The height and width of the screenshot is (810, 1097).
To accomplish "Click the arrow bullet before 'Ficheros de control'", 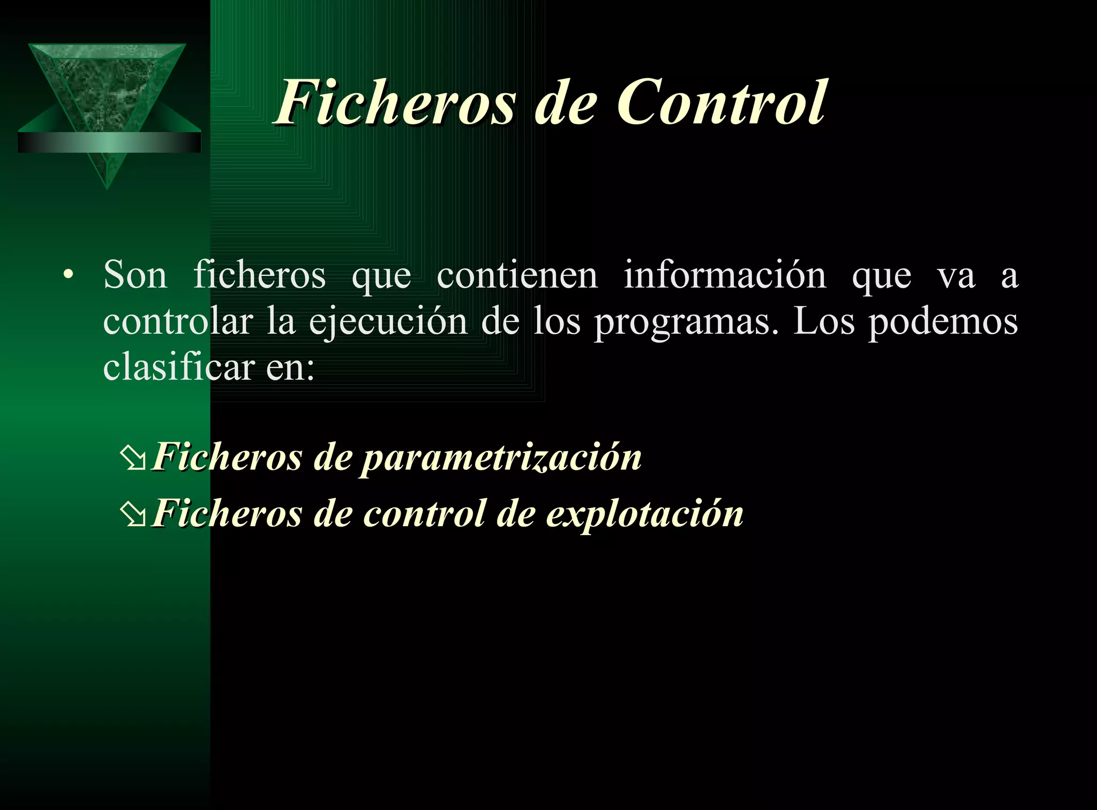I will [132, 515].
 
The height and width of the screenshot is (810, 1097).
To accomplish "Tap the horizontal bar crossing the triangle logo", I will [109, 142].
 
